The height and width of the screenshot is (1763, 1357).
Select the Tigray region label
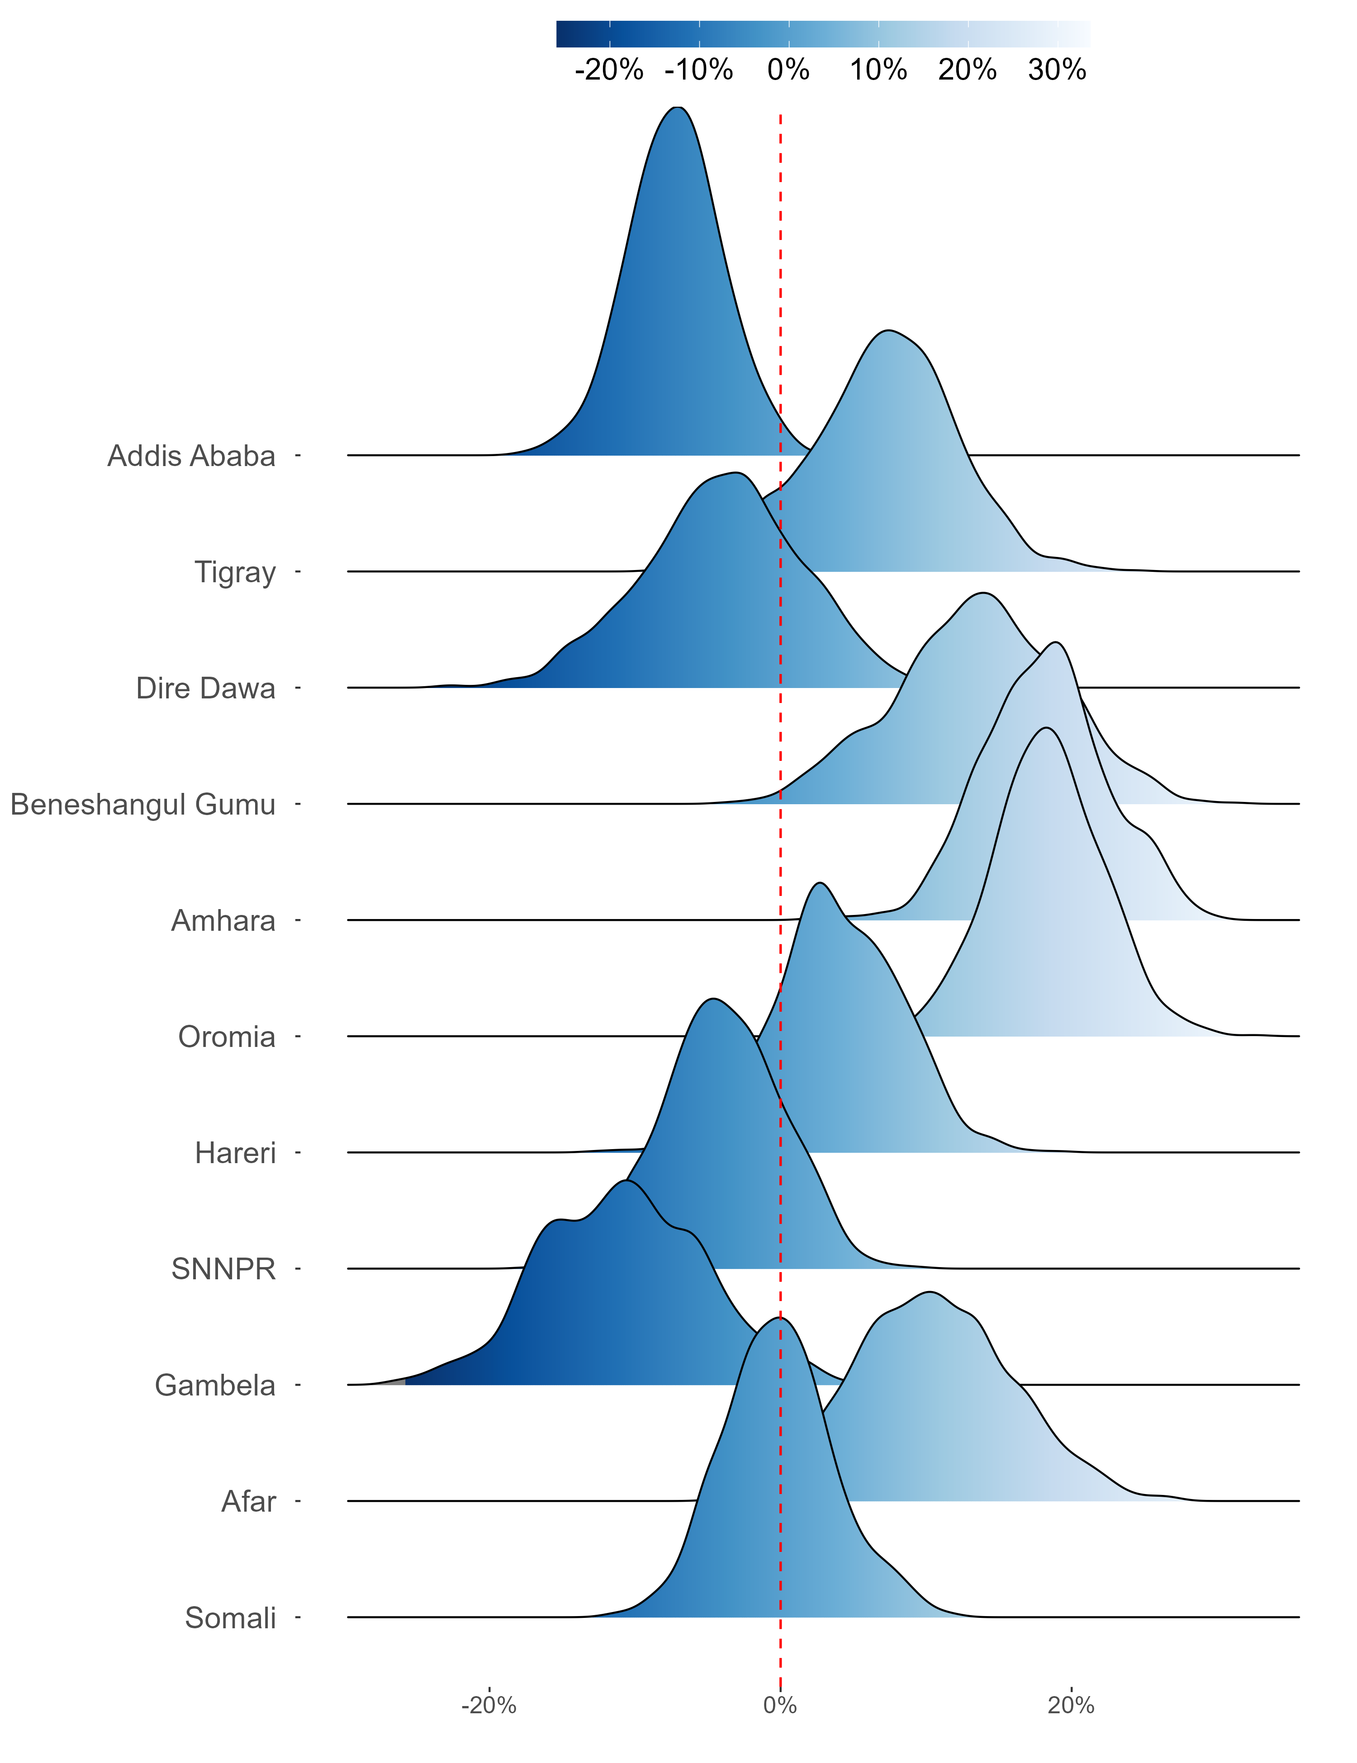(235, 573)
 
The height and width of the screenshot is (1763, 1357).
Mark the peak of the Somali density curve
(778, 1318)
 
